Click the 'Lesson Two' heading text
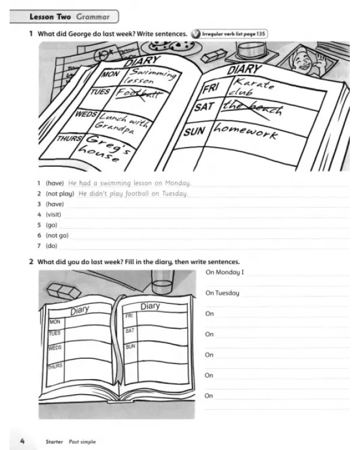point(50,17)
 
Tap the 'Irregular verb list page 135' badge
point(229,34)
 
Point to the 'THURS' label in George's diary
point(69,139)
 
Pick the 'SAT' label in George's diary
point(205,107)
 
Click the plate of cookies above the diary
point(172,46)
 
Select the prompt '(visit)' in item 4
point(53,214)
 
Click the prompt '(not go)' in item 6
point(57,235)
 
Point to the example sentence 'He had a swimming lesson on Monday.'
point(130,183)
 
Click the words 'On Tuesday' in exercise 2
point(222,293)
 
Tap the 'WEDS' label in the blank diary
point(55,347)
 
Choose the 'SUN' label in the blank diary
point(130,347)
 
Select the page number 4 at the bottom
point(22,441)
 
